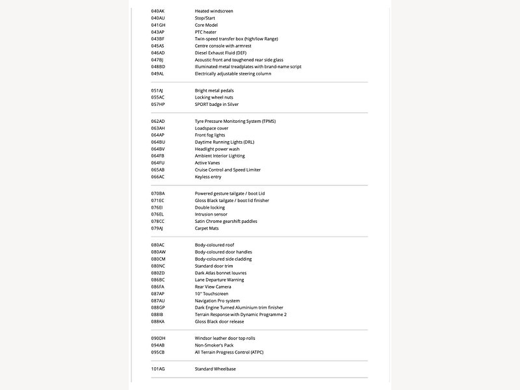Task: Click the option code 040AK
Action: click(157, 11)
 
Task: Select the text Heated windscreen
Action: click(214, 11)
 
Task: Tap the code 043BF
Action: click(157, 39)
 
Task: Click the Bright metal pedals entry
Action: click(214, 90)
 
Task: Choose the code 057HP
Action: click(158, 104)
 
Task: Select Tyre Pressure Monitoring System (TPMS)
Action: click(235, 122)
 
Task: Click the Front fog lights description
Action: click(211, 135)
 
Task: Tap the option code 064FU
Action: click(158, 163)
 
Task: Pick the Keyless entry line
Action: click(208, 177)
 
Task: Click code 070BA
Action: click(158, 194)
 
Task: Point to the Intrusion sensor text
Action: click(211, 214)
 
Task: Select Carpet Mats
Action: click(207, 228)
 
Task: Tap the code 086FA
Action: click(158, 287)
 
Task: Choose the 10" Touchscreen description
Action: click(211, 294)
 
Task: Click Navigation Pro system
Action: click(217, 301)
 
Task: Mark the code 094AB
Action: click(158, 345)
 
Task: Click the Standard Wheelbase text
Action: click(215, 369)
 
